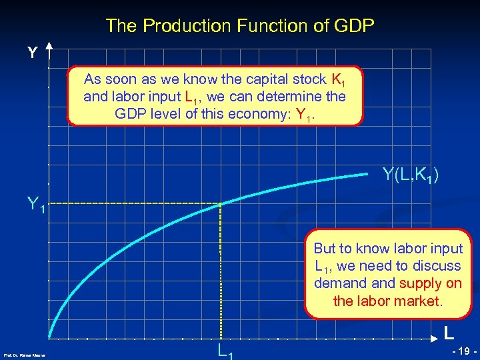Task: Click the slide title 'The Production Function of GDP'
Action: [240, 26]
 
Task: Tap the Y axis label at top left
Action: [31, 53]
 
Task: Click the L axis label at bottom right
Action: [450, 331]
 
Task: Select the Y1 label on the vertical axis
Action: [35, 203]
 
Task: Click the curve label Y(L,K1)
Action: [411, 176]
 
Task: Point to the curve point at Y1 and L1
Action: [220, 203]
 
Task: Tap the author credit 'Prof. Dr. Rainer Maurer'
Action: [24, 355]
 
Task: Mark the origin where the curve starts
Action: [50, 337]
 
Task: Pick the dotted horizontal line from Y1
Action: [133, 203]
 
